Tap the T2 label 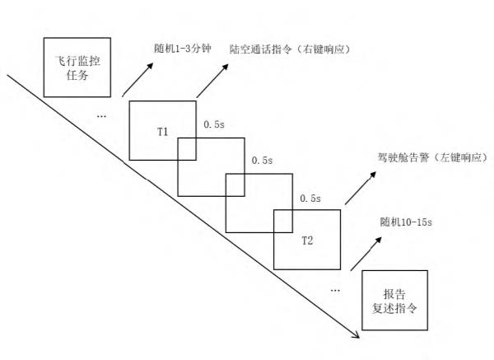click(x=306, y=240)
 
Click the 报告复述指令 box click(x=394, y=302)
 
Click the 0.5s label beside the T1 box click(x=213, y=124)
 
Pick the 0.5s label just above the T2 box click(x=310, y=199)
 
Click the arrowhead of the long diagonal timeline click(x=357, y=335)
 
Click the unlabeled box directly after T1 click(x=212, y=166)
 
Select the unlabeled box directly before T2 click(x=259, y=203)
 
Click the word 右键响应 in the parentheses click(x=329, y=49)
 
